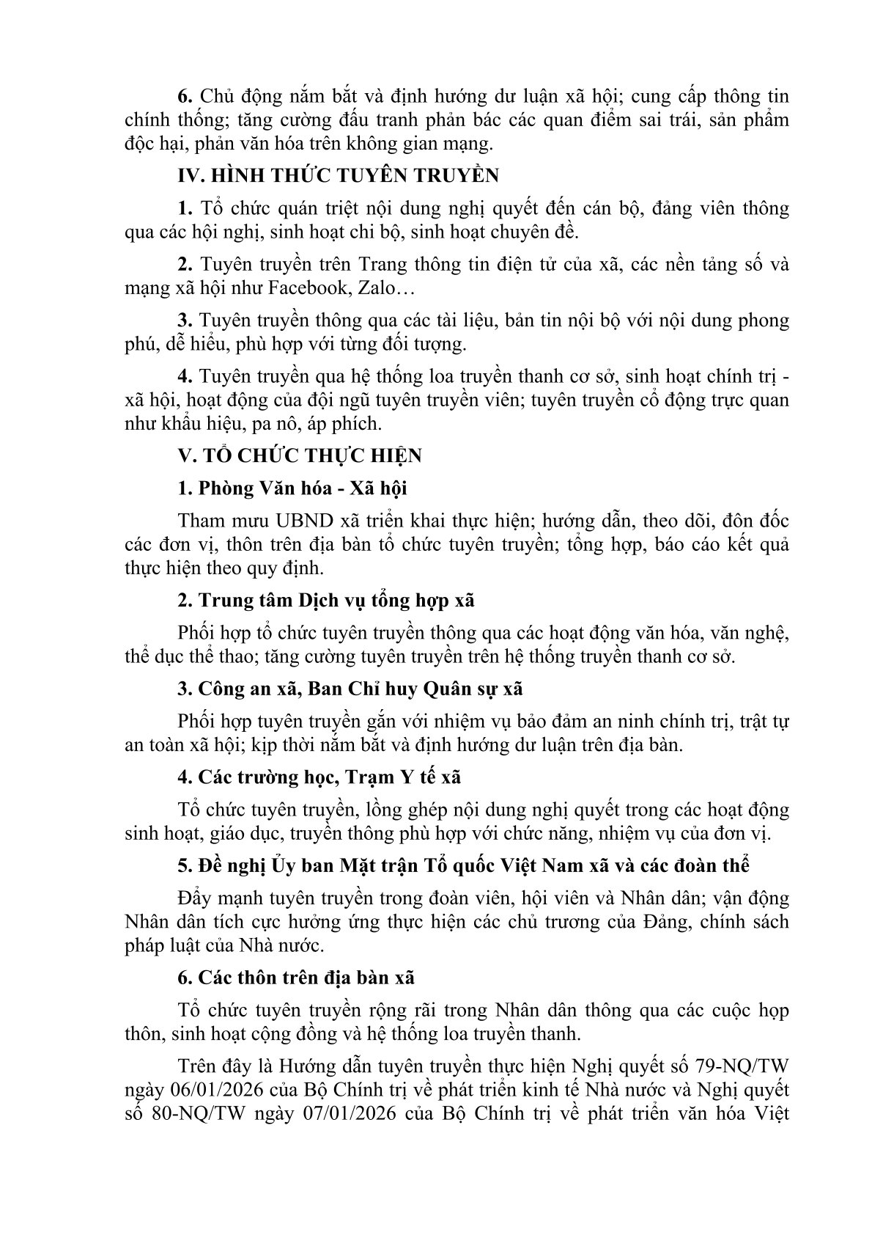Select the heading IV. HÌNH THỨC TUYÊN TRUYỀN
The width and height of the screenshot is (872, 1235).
[x=339, y=176]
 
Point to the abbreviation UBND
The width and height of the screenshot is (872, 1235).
[x=303, y=521]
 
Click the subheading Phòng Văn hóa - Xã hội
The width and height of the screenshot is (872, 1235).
[x=292, y=488]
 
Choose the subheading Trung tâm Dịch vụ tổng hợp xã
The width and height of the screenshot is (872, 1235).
[x=326, y=601]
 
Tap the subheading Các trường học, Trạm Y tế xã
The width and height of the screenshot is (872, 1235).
[x=319, y=777]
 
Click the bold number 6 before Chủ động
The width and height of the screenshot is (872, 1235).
[x=185, y=96]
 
